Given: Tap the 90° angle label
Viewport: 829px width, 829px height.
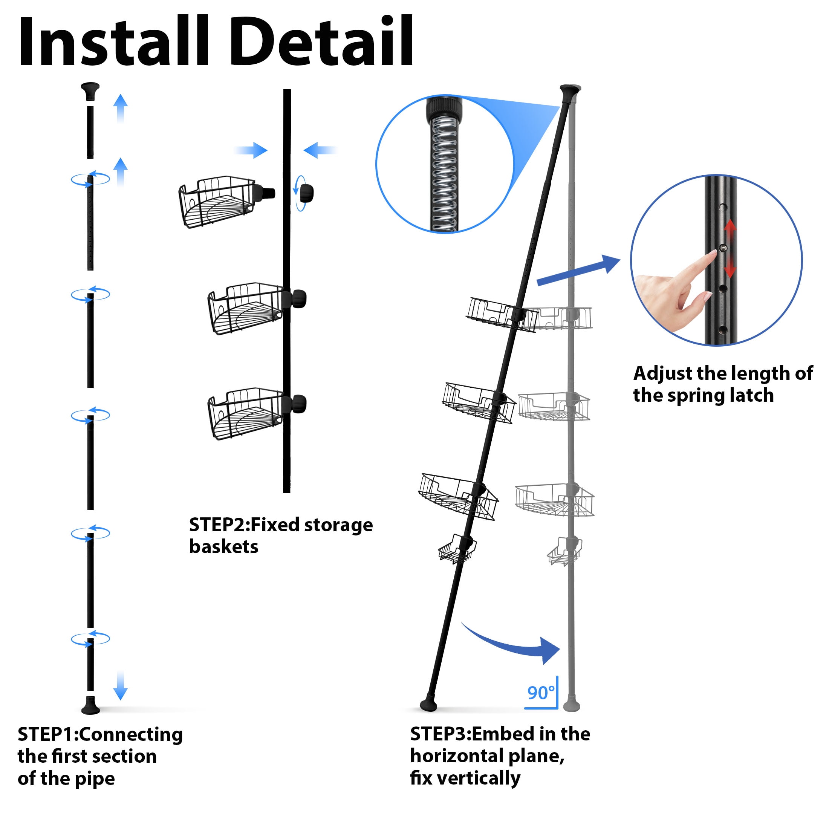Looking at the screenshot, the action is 541,693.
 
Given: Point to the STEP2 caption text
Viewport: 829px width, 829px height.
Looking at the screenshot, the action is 281,535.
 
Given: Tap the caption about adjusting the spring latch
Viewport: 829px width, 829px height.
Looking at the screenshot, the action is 723,384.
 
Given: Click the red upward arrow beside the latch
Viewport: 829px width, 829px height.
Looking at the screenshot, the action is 730,232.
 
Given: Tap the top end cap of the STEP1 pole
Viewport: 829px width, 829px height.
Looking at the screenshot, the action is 90,91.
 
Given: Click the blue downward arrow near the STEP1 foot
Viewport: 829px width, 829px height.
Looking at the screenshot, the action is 121,685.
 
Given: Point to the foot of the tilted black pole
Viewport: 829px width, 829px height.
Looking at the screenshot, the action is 429,705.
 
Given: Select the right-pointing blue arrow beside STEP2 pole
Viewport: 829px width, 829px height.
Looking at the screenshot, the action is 251,150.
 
